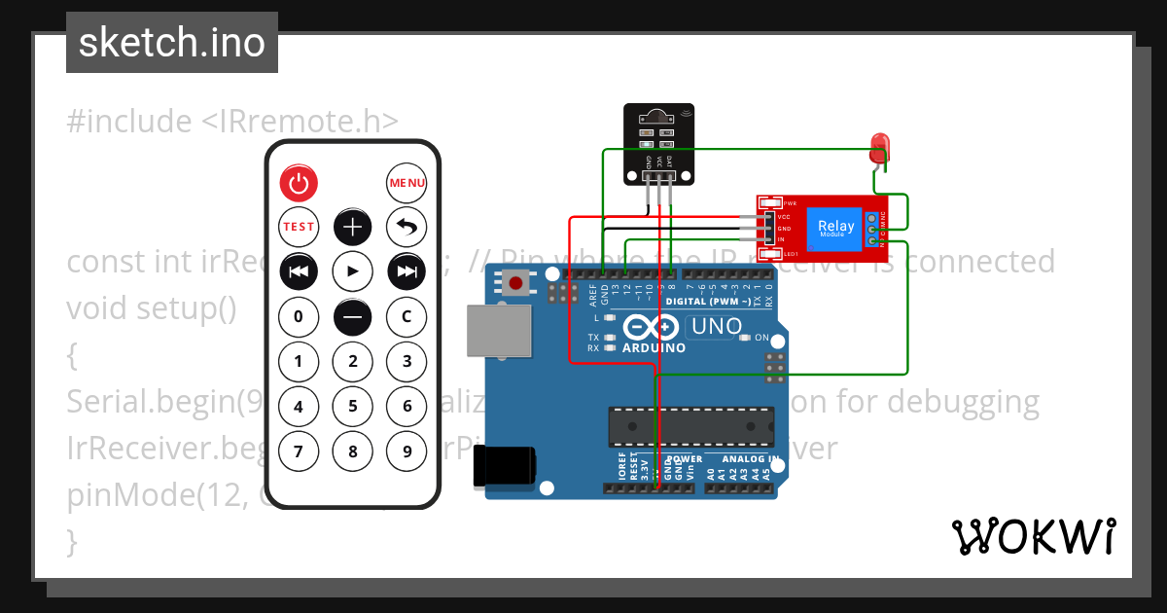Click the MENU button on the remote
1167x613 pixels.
point(407,182)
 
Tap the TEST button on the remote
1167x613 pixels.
point(299,227)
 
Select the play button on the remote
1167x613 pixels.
point(353,271)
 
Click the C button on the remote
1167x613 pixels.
point(407,316)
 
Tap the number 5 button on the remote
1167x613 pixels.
point(353,406)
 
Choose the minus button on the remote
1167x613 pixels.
point(353,316)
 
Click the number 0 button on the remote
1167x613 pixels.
point(299,316)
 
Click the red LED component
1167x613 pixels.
point(879,147)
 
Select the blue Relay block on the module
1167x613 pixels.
point(836,228)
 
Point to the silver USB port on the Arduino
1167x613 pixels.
point(500,332)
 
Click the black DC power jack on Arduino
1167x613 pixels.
point(504,465)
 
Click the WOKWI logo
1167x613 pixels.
point(1033,536)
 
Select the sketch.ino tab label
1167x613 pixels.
point(172,42)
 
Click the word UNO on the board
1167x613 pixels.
point(716,327)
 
